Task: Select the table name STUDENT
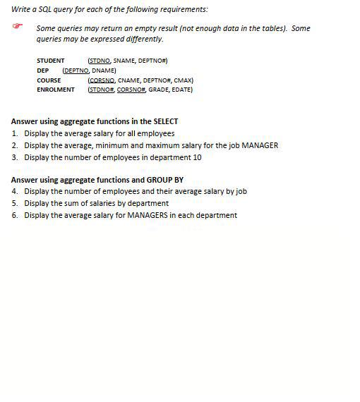[x=50, y=61]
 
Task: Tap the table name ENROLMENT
[x=55, y=90]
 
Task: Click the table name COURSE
[x=49, y=80]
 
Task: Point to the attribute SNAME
[x=126, y=61]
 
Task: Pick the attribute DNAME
[x=104, y=71]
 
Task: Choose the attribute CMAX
[x=182, y=80]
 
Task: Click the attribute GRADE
[x=160, y=90]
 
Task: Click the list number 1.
[x=14, y=133]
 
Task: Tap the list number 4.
[x=14, y=191]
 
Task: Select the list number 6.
[x=14, y=215]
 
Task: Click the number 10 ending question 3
[x=197, y=157]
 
